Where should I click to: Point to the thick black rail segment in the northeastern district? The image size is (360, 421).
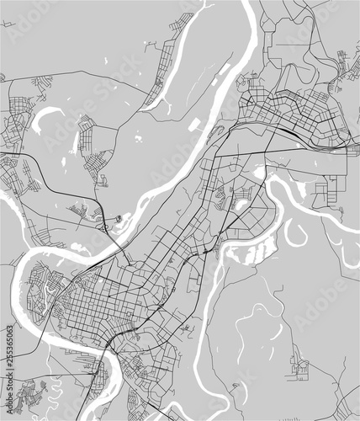(286, 131)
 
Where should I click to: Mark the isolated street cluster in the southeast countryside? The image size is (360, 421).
(299, 364)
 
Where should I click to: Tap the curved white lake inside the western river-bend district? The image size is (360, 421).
(50, 291)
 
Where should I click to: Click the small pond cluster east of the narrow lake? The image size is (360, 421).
(135, 135)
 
